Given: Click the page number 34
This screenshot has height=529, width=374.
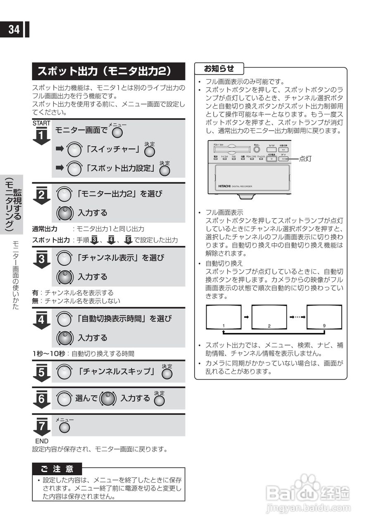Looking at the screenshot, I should [14, 30].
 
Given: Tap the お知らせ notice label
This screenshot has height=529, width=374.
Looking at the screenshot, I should [219, 68].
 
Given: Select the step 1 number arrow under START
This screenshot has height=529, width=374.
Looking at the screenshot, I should [41, 136].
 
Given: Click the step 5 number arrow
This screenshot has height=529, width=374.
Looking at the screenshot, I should [41, 372].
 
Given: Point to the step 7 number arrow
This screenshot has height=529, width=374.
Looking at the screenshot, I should [41, 426].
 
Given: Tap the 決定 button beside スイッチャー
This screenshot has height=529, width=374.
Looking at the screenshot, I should [149, 152].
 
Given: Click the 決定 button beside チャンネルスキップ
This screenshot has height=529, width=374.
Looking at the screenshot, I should [167, 373].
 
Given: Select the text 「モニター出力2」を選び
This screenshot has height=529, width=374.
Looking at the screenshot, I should [119, 193].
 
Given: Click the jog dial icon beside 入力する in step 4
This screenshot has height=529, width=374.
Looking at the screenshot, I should [64, 338].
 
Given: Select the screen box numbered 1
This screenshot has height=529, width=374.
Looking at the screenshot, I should [224, 317].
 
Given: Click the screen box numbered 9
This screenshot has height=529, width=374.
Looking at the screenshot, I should [324, 317].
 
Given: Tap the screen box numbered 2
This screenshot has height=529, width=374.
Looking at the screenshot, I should [269, 317].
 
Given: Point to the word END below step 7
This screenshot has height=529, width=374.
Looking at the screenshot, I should [41, 441].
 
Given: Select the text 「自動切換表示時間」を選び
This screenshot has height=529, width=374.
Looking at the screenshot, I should [124, 319].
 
